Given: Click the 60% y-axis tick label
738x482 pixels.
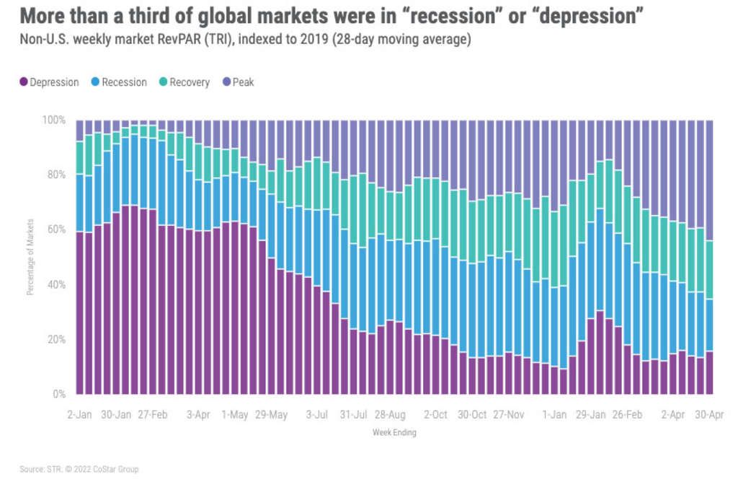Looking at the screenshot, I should [57, 229].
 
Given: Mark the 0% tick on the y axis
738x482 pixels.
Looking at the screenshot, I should [60, 395].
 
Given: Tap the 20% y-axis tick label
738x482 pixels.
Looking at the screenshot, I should [57, 340].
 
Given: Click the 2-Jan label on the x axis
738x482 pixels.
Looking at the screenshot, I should [80, 415].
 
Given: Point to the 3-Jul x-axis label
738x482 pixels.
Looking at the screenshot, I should [317, 415].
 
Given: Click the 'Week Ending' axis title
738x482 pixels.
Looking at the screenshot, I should [394, 433].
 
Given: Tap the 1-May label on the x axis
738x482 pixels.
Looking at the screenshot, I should [234, 415].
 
